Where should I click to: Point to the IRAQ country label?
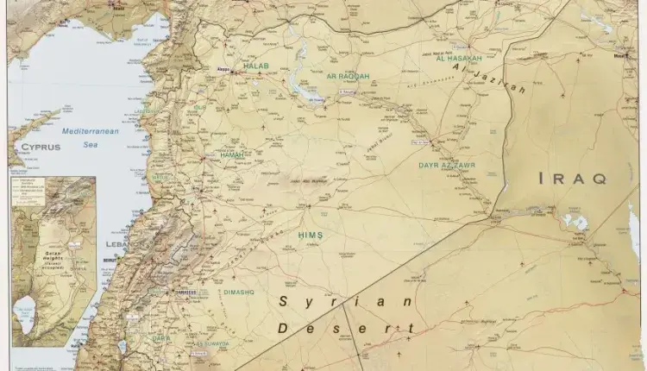(572, 179)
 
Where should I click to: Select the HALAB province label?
(256, 66)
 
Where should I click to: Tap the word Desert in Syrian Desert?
(342, 328)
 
